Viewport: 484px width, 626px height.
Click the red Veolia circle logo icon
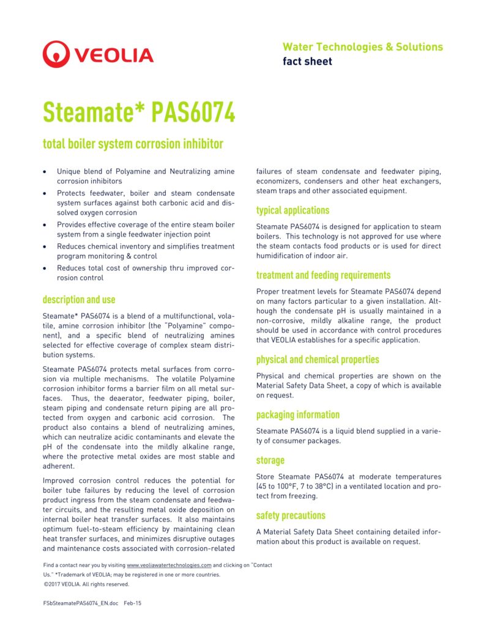pyautogui.click(x=56, y=54)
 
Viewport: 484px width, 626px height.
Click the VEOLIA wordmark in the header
pyautogui.click(x=114, y=56)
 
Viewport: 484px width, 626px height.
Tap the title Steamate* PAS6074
pyautogui.click(x=138, y=112)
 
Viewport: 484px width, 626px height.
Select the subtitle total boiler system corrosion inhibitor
pyautogui.click(x=133, y=144)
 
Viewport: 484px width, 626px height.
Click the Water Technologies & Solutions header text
pyautogui.click(x=362, y=47)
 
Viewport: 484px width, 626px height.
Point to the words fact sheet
pyautogui.click(x=307, y=61)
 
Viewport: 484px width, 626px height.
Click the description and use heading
pyautogui.click(x=79, y=300)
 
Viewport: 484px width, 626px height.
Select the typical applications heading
pyautogui.click(x=292, y=210)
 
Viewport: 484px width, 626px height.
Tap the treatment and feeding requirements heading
pyautogui.click(x=323, y=275)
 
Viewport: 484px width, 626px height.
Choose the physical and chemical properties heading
pyautogui.click(x=318, y=359)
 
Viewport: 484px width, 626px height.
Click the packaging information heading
pyautogui.click(x=298, y=414)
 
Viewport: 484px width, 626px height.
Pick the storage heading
pyautogui.click(x=270, y=460)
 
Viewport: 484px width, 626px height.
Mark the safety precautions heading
pyautogui.click(x=291, y=515)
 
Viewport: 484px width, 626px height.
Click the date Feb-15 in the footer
pyautogui.click(x=133, y=603)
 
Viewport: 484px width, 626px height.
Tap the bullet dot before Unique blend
pyautogui.click(x=45, y=172)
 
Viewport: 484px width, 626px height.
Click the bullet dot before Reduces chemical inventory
pyautogui.click(x=45, y=246)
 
